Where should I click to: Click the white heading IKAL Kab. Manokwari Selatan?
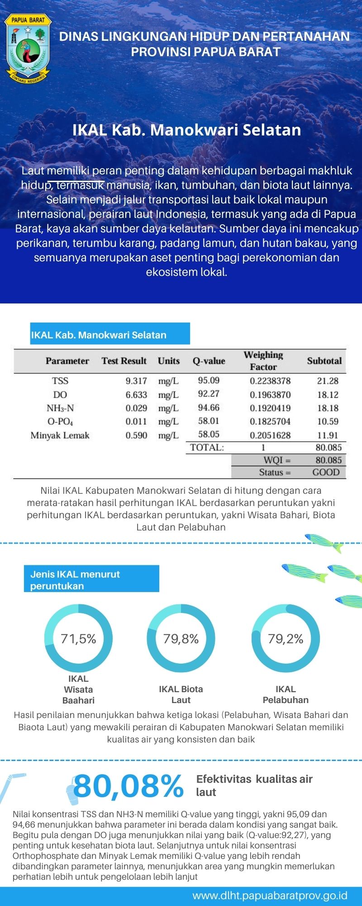point(186,130)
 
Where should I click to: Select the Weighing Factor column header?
point(263,361)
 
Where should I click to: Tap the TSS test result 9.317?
point(136,381)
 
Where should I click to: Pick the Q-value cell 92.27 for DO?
point(209,394)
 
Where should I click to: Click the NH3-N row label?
point(60,408)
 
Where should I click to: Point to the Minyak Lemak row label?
point(60,435)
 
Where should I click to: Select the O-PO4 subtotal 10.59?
point(328,421)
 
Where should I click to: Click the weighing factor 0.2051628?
point(270,435)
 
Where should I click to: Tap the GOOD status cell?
point(326,472)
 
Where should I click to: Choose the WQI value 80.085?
point(329,460)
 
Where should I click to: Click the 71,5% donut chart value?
point(78,639)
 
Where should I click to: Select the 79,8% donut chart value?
point(181,639)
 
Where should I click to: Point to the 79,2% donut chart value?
point(286,639)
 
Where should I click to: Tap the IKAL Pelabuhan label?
point(286,694)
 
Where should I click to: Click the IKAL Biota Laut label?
point(181,694)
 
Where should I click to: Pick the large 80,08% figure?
point(129,786)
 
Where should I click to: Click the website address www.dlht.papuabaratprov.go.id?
point(270,895)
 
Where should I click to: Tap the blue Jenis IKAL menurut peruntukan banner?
point(91,579)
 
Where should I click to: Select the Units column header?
point(169,361)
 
